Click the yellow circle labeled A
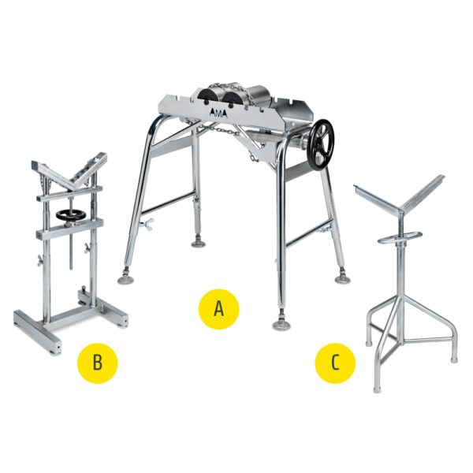pos(218,309)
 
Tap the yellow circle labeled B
pos(98,363)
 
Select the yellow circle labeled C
pos(335,363)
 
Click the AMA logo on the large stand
pos(218,113)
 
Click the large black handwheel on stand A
pos(321,145)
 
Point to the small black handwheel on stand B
pos(71,214)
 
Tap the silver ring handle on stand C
pos(400,237)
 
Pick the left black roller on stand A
pos(208,98)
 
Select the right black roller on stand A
pos(233,99)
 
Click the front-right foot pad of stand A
pos(281,325)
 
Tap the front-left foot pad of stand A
pos(127,280)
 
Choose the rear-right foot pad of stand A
pos(343,279)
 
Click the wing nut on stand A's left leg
pos(147,224)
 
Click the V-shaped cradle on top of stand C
pos(400,199)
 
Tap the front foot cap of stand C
pos(377,389)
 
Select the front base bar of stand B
pos(37,332)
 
